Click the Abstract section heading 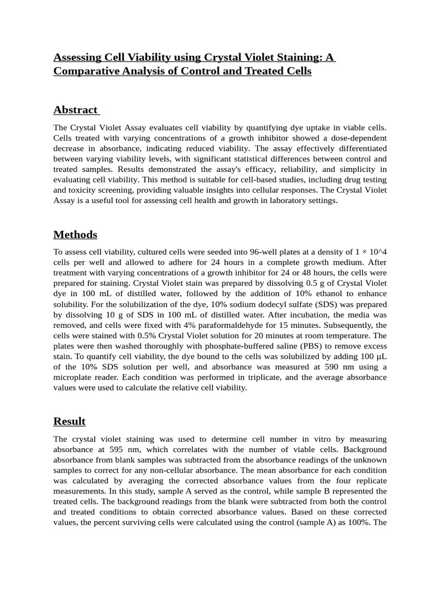coord(75,110)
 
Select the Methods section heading coord(75,235)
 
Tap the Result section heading coord(69,421)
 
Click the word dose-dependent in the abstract coord(354,138)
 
